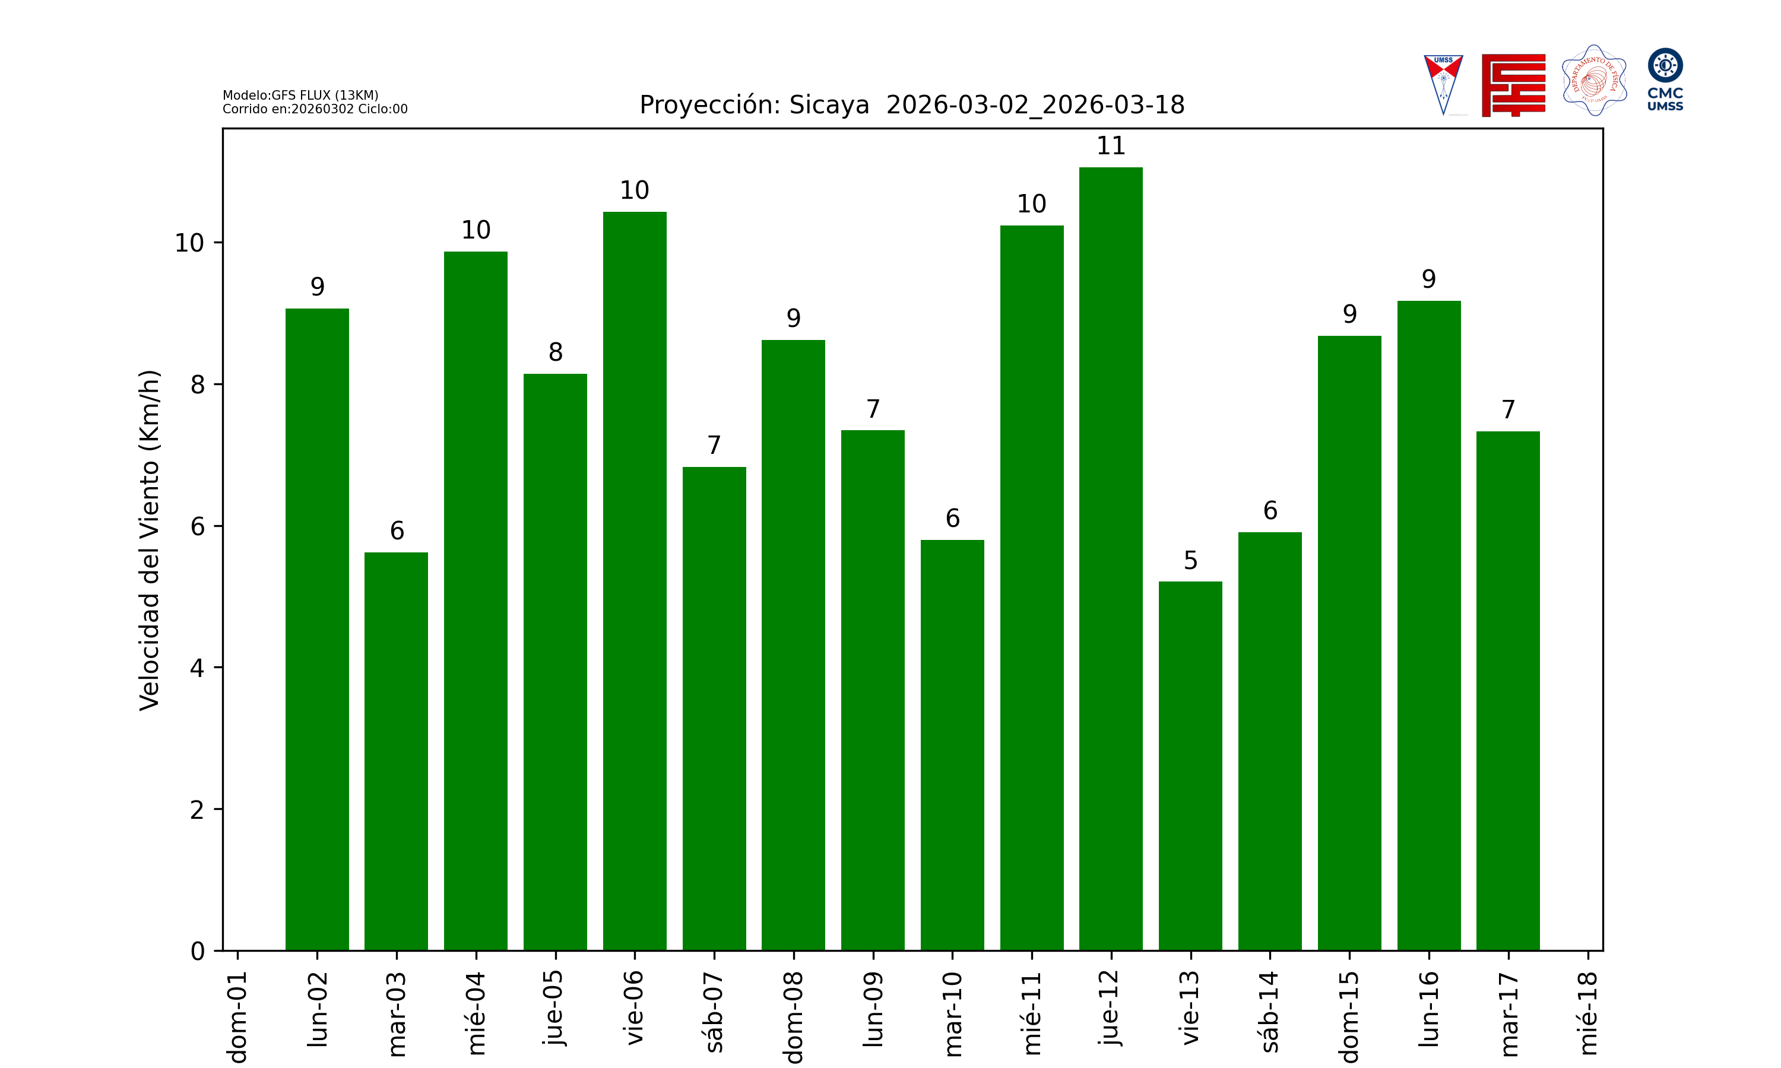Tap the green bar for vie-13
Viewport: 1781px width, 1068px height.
point(1190,766)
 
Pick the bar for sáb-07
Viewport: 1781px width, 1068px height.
point(714,708)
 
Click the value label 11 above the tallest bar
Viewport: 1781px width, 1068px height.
point(1110,146)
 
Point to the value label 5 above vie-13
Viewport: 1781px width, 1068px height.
point(1190,561)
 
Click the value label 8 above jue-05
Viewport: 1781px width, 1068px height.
point(555,352)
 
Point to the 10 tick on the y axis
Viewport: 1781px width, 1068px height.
point(189,243)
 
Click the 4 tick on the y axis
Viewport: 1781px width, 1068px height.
point(197,668)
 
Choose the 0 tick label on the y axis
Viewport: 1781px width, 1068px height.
point(197,952)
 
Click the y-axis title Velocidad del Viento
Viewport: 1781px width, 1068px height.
point(149,540)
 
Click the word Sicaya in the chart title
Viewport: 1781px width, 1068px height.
point(829,105)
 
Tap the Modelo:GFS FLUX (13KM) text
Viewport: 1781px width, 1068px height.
point(300,95)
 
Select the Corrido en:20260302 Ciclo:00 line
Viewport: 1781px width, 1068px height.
point(315,109)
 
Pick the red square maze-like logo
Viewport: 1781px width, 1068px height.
point(1513,85)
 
